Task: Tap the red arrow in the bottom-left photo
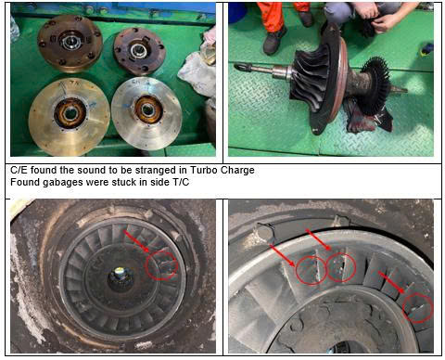point(135,240)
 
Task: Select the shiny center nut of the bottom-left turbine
point(120,273)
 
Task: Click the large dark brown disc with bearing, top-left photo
point(70,44)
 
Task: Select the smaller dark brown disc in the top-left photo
point(139,51)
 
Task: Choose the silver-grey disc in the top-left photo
point(146,114)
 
